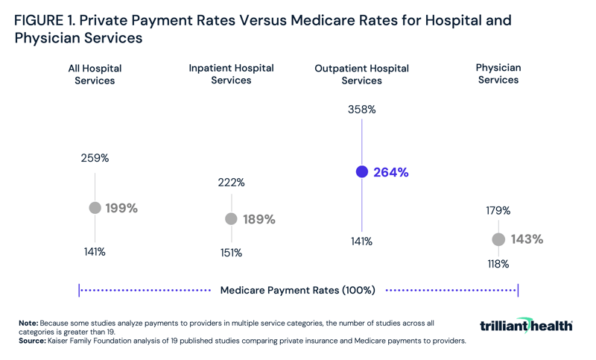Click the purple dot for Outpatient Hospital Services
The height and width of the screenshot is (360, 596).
[362, 171]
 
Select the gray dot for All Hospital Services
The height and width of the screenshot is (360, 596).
[95, 208]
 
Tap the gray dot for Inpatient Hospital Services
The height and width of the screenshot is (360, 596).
[231, 219]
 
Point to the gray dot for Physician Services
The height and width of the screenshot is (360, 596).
[498, 239]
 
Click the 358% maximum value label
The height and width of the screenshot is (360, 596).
[361, 110]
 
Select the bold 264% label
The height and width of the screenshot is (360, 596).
[390, 172]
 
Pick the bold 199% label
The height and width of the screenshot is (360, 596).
[121, 209]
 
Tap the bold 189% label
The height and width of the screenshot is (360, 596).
[259, 219]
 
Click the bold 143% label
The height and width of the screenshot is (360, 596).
[526, 239]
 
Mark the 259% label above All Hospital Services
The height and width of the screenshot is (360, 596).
[95, 158]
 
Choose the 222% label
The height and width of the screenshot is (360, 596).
[231, 183]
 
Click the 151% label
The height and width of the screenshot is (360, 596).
[231, 253]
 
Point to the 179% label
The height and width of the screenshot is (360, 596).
[498, 211]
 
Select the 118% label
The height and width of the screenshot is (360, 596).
[498, 264]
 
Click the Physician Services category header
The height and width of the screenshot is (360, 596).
[498, 74]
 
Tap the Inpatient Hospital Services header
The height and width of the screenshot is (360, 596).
[231, 74]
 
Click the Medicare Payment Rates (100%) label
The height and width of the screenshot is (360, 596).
[297, 290]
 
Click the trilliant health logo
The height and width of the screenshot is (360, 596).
[526, 326]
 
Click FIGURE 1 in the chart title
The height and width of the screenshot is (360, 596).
[46, 21]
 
